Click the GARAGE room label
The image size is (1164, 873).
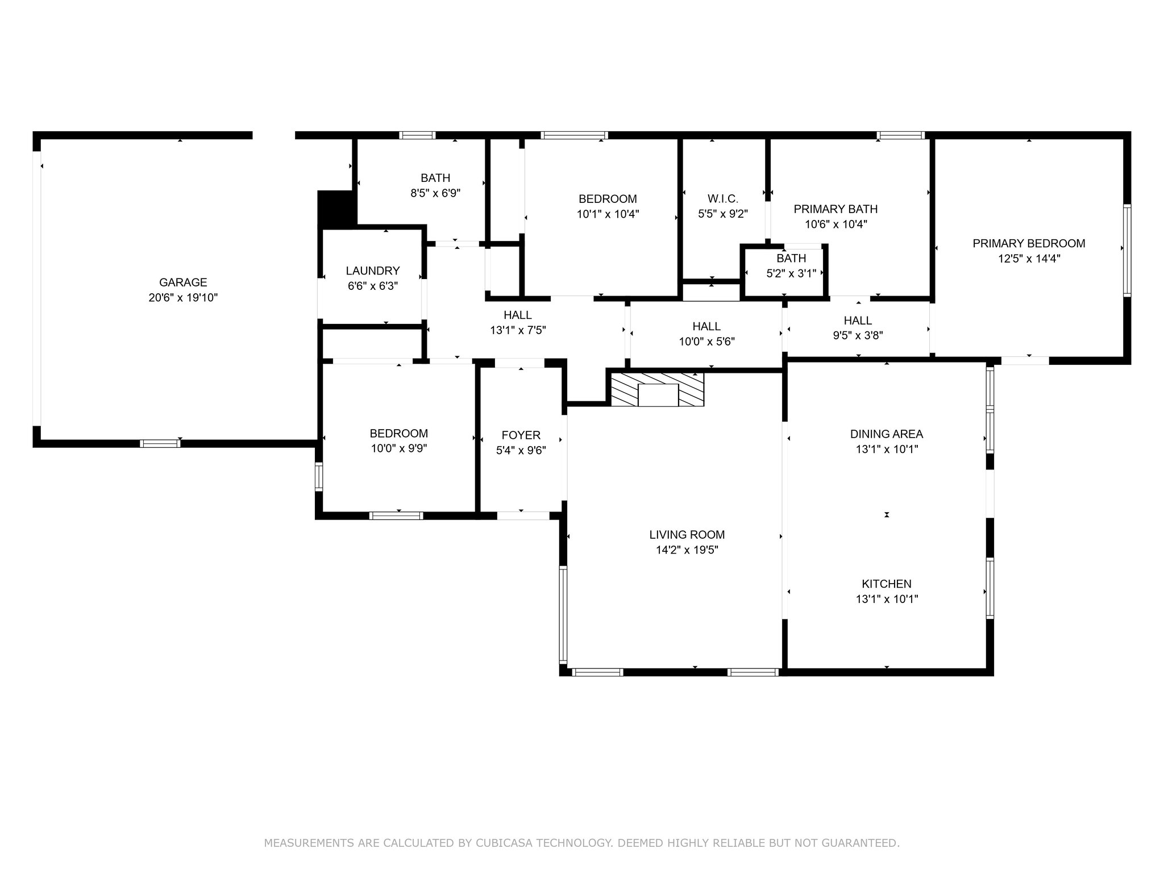tap(183, 282)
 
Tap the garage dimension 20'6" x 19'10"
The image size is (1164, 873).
tap(183, 298)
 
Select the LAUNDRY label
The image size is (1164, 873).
tap(373, 271)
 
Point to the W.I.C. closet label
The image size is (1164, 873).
tap(723, 199)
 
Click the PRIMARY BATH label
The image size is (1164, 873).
tap(835, 209)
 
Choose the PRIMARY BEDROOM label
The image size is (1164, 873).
tap(1029, 244)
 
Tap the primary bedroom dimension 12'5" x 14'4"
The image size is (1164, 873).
tap(1029, 259)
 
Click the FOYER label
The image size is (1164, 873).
tap(521, 435)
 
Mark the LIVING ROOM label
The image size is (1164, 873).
tap(687, 535)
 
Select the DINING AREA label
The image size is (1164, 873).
tap(887, 434)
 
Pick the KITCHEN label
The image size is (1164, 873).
tap(887, 584)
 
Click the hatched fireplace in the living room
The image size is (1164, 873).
tap(657, 389)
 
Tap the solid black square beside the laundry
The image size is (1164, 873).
tap(336, 209)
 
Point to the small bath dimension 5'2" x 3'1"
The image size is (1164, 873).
tap(791, 273)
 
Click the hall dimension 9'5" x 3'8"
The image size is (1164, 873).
tap(858, 335)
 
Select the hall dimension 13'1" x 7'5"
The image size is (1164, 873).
tap(518, 330)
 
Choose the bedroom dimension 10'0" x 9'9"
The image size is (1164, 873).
tap(398, 448)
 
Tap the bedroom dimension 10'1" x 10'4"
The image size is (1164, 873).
tap(608, 214)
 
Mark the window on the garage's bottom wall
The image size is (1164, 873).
tap(160, 443)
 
